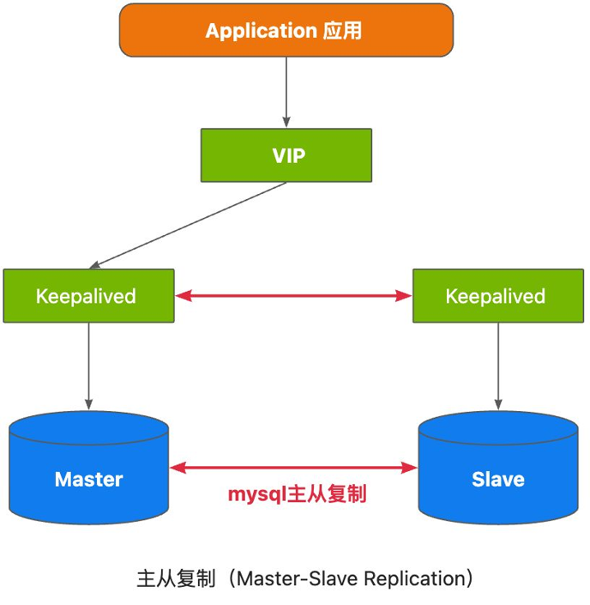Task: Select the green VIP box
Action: [x=286, y=155]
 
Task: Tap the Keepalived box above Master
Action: [x=88, y=296]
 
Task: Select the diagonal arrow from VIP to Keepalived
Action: [x=189, y=224]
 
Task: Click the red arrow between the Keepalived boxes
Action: [x=293, y=296]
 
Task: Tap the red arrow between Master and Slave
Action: [x=293, y=468]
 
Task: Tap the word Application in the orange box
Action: [x=261, y=32]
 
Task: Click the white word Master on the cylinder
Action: [x=88, y=479]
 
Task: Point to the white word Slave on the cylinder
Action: [x=498, y=479]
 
